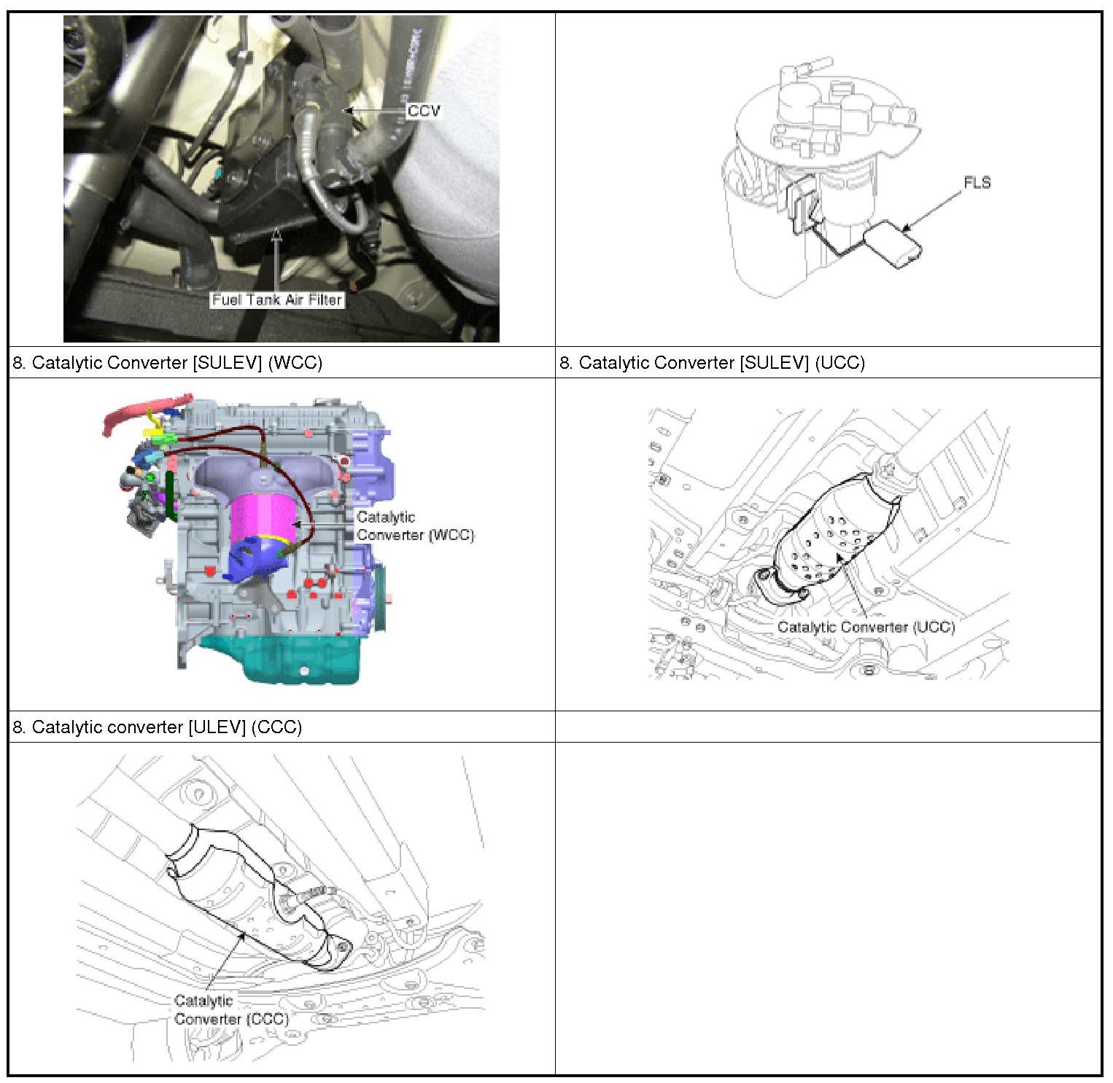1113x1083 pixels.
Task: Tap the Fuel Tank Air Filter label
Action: pos(277,300)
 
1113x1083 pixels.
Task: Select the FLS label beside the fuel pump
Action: pos(977,182)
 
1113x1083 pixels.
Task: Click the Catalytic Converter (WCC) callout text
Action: pos(415,526)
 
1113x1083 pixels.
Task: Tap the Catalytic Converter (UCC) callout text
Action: pos(866,627)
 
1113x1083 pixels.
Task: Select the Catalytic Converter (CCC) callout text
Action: pos(231,1010)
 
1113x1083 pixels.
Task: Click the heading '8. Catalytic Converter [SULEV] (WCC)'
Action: pos(167,362)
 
